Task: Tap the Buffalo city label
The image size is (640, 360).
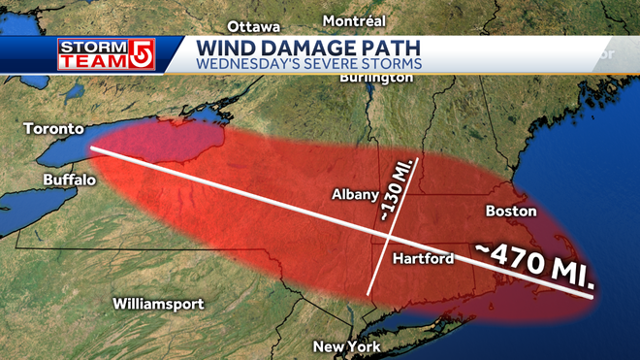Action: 69,180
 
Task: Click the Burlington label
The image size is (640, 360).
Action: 377,78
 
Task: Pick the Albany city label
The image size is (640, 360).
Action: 354,194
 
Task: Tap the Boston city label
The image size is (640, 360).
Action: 510,211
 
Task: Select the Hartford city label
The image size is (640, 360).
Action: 425,259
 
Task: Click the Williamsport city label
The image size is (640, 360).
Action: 158,304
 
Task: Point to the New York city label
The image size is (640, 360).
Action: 346,346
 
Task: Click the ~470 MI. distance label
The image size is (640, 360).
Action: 535,265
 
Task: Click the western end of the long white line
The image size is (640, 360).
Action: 92,148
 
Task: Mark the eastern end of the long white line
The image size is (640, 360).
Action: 592,299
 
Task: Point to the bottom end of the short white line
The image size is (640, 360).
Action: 368,292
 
